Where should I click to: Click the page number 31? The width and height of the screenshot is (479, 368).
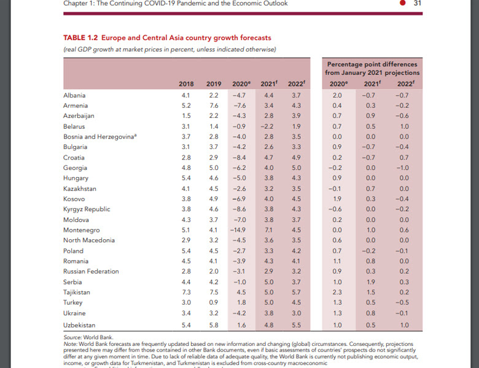(418, 3)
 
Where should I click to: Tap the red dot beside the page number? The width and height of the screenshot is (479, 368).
(402, 3)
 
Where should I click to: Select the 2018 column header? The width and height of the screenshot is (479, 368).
(186, 84)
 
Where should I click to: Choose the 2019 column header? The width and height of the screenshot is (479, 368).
(214, 84)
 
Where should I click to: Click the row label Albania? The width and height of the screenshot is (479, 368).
(74, 96)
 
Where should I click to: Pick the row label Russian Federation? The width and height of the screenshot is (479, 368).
(91, 272)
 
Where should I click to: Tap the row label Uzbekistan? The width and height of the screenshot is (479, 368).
(79, 324)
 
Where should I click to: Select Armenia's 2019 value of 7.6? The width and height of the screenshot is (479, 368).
(214, 106)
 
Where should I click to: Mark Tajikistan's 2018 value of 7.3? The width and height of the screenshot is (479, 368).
(186, 293)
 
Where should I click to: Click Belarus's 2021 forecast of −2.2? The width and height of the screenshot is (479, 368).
(269, 127)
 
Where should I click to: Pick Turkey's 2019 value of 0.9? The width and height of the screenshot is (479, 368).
(214, 303)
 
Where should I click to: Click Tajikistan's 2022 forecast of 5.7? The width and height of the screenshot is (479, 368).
(297, 293)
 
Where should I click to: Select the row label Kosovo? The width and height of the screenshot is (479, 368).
(74, 199)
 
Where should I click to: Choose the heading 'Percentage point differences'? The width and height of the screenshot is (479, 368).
(372, 64)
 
